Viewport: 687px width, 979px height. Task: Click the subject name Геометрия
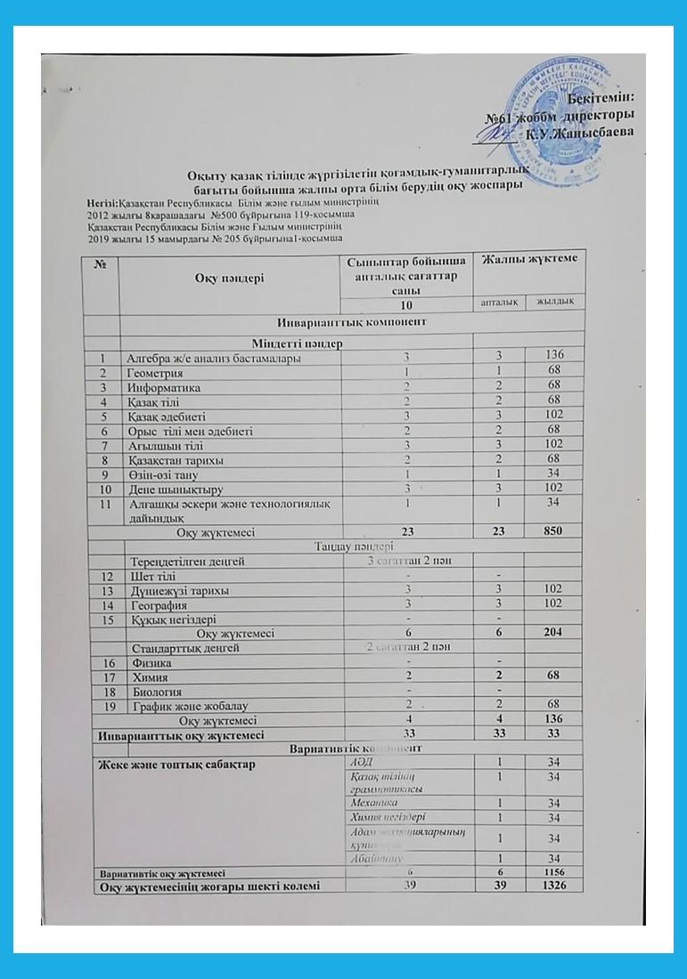tap(156, 373)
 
